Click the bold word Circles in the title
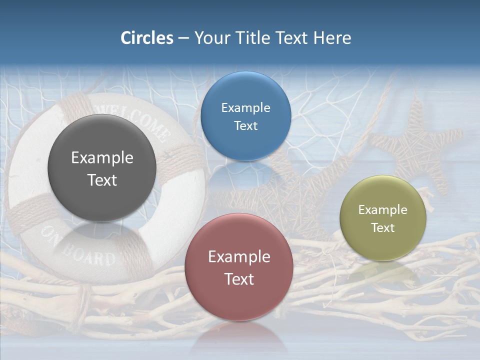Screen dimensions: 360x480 [146, 38]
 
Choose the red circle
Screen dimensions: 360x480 [238, 300]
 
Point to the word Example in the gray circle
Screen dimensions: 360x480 [102, 158]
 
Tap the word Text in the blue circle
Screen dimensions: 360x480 [245, 125]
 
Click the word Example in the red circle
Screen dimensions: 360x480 [239, 257]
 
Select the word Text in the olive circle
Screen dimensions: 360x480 [383, 227]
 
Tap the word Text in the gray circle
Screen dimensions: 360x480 [102, 180]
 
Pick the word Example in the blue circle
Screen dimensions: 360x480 [245, 108]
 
